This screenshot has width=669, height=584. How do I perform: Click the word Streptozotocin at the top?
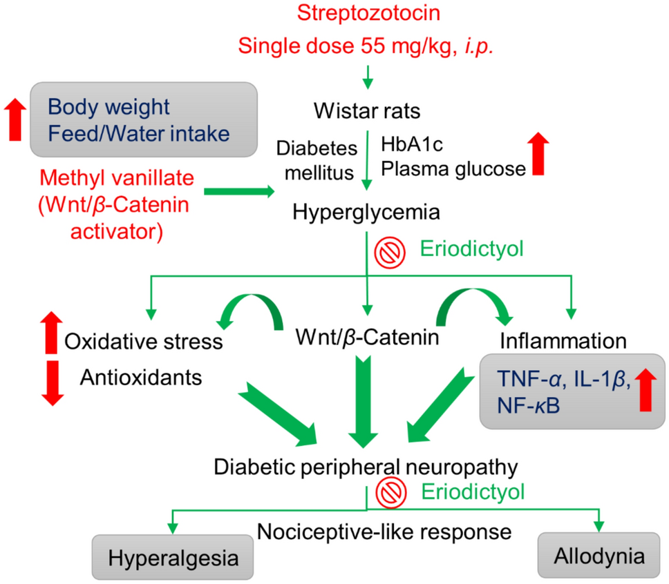[x=367, y=14]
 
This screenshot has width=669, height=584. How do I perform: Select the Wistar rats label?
[x=367, y=110]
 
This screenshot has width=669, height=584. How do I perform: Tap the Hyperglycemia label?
[x=366, y=211]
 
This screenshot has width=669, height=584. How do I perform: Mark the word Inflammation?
[x=563, y=341]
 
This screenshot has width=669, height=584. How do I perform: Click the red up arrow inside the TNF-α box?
[x=644, y=390]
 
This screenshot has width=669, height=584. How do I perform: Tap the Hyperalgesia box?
[x=172, y=556]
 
